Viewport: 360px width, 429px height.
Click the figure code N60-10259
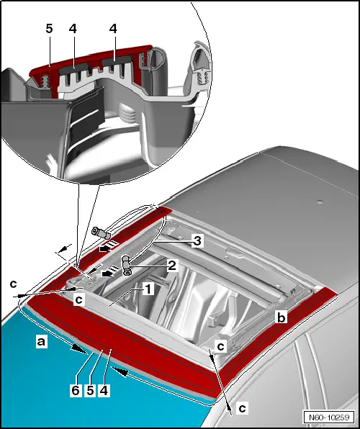(x=329, y=417)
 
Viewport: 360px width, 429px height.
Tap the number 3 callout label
(x=197, y=241)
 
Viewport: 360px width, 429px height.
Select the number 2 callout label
(x=172, y=265)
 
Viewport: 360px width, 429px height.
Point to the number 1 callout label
(x=148, y=289)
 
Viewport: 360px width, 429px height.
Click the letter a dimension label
(x=41, y=341)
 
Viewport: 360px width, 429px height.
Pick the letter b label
(x=281, y=317)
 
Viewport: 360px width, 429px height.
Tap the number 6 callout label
(x=76, y=390)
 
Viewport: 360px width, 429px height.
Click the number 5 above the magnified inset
(x=49, y=29)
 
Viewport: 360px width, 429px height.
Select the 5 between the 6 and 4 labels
(x=90, y=390)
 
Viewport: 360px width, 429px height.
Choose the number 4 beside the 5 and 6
(x=104, y=390)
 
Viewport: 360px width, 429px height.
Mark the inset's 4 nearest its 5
(x=73, y=29)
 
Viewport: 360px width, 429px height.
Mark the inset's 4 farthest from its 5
(x=113, y=29)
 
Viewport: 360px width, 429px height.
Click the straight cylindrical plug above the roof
(x=101, y=233)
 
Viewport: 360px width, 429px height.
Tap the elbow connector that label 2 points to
(x=126, y=265)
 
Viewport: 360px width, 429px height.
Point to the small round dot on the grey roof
(x=319, y=202)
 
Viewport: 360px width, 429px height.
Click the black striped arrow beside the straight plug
(x=109, y=246)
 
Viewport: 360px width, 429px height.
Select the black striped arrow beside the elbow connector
(x=110, y=271)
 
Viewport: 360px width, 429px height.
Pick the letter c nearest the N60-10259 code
(x=243, y=408)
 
